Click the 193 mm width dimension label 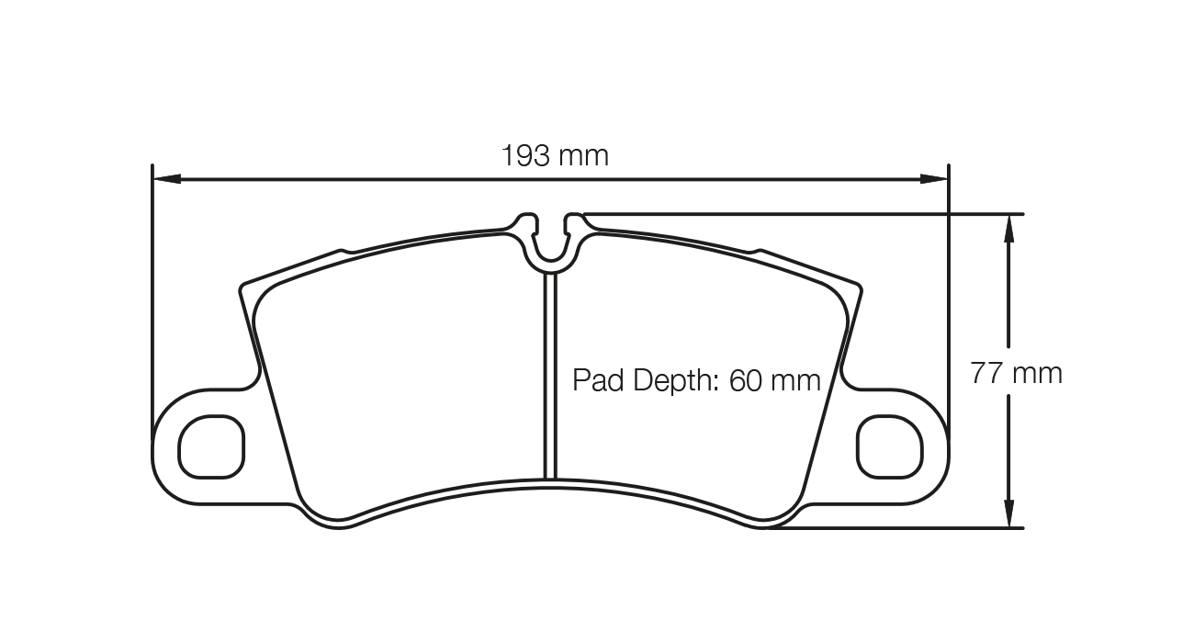coord(555,155)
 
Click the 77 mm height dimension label coord(1016,373)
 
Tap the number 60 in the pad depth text coord(746,380)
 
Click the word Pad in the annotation coord(596,380)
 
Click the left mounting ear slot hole coord(212,446)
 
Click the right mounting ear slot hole coord(888,446)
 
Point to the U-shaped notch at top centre coord(550,241)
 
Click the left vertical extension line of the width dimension coord(152,303)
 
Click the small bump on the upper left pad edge coord(343,249)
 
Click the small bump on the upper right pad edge coord(758,249)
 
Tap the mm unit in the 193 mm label coord(584,155)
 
